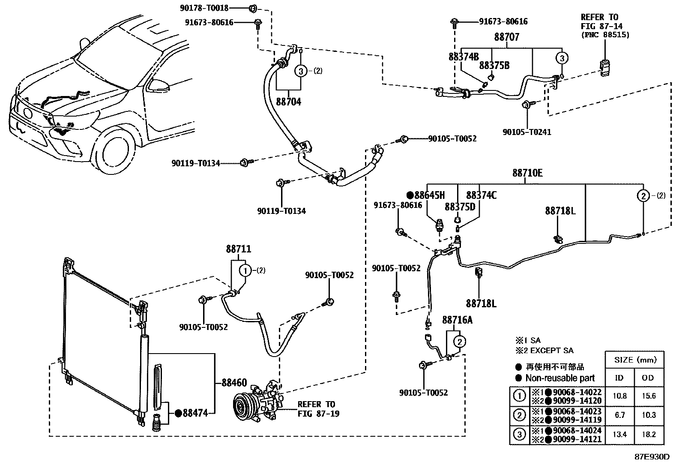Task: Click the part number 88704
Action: (288, 102)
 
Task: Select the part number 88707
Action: (507, 37)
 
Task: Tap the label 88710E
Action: (527, 173)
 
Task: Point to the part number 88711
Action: (239, 249)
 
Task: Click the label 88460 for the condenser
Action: (234, 383)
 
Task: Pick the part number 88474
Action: (195, 413)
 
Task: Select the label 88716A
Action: (458, 320)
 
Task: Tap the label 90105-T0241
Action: (527, 132)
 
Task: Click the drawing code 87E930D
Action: (652, 456)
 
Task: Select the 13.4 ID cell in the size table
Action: (619, 435)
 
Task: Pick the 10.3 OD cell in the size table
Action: (649, 415)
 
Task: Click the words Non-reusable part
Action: (560, 378)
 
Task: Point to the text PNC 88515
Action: (605, 35)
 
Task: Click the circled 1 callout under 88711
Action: (245, 270)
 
